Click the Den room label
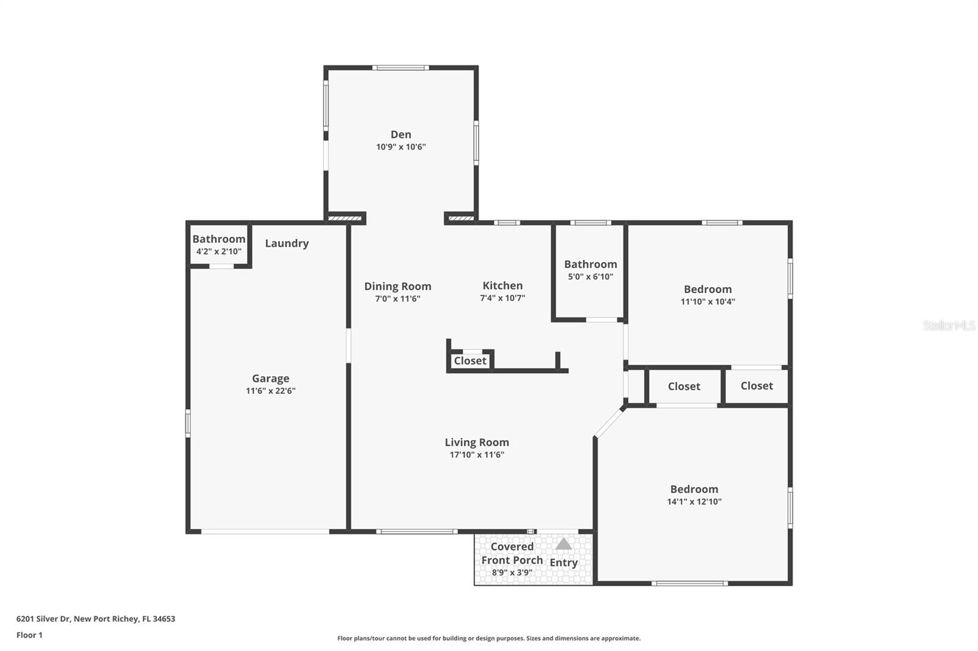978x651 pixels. tap(401, 134)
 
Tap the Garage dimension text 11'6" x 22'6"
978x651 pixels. tap(270, 391)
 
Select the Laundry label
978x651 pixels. tap(287, 243)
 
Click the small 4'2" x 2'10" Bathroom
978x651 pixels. tap(219, 245)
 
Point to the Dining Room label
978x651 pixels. tap(398, 286)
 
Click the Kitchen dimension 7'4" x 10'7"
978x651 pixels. tap(502, 298)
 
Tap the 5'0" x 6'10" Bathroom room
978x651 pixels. tap(590, 270)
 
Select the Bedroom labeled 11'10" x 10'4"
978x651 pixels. tap(707, 294)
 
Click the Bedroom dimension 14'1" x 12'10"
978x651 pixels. tap(694, 502)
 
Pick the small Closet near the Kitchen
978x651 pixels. tap(470, 361)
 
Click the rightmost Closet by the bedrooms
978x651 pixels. tap(757, 386)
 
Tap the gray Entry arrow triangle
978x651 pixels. tap(564, 544)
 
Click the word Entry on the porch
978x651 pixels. tap(564, 562)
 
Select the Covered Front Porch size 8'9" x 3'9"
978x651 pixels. tap(512, 573)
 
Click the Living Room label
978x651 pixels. tap(477, 442)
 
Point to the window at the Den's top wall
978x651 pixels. tap(400, 68)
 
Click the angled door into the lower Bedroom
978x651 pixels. tap(609, 423)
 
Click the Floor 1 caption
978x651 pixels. tap(29, 635)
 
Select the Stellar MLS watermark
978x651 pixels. tap(949, 325)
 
